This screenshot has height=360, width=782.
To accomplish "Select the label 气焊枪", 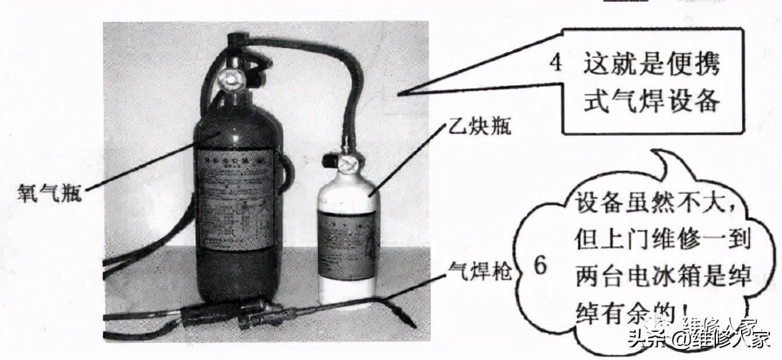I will click(474, 276).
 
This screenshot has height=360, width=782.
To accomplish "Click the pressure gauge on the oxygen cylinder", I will click(229, 78).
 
